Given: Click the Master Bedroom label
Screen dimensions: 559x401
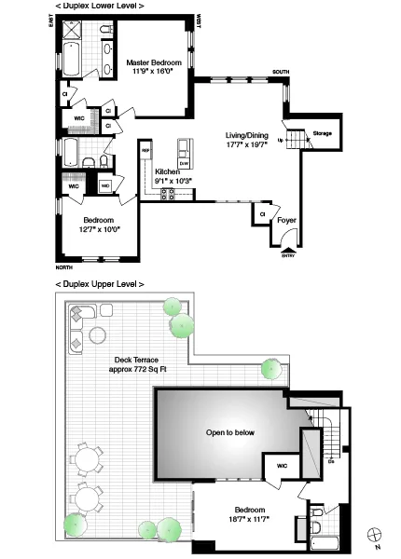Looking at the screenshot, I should pos(153,62).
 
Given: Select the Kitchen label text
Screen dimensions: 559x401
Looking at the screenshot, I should pos(168,172).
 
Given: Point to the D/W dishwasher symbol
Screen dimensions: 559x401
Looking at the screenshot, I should pos(184,163).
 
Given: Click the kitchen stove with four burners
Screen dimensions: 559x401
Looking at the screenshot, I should pos(170,193).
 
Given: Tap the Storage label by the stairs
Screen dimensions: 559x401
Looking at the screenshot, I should pos(323,133).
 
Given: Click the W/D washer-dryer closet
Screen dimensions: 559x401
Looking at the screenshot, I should pos(104,186).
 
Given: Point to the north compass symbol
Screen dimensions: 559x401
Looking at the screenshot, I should pos(376,534).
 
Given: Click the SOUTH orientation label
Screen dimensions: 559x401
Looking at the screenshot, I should pos(281,72).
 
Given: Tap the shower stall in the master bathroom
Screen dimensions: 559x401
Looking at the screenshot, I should pos(71,31).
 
